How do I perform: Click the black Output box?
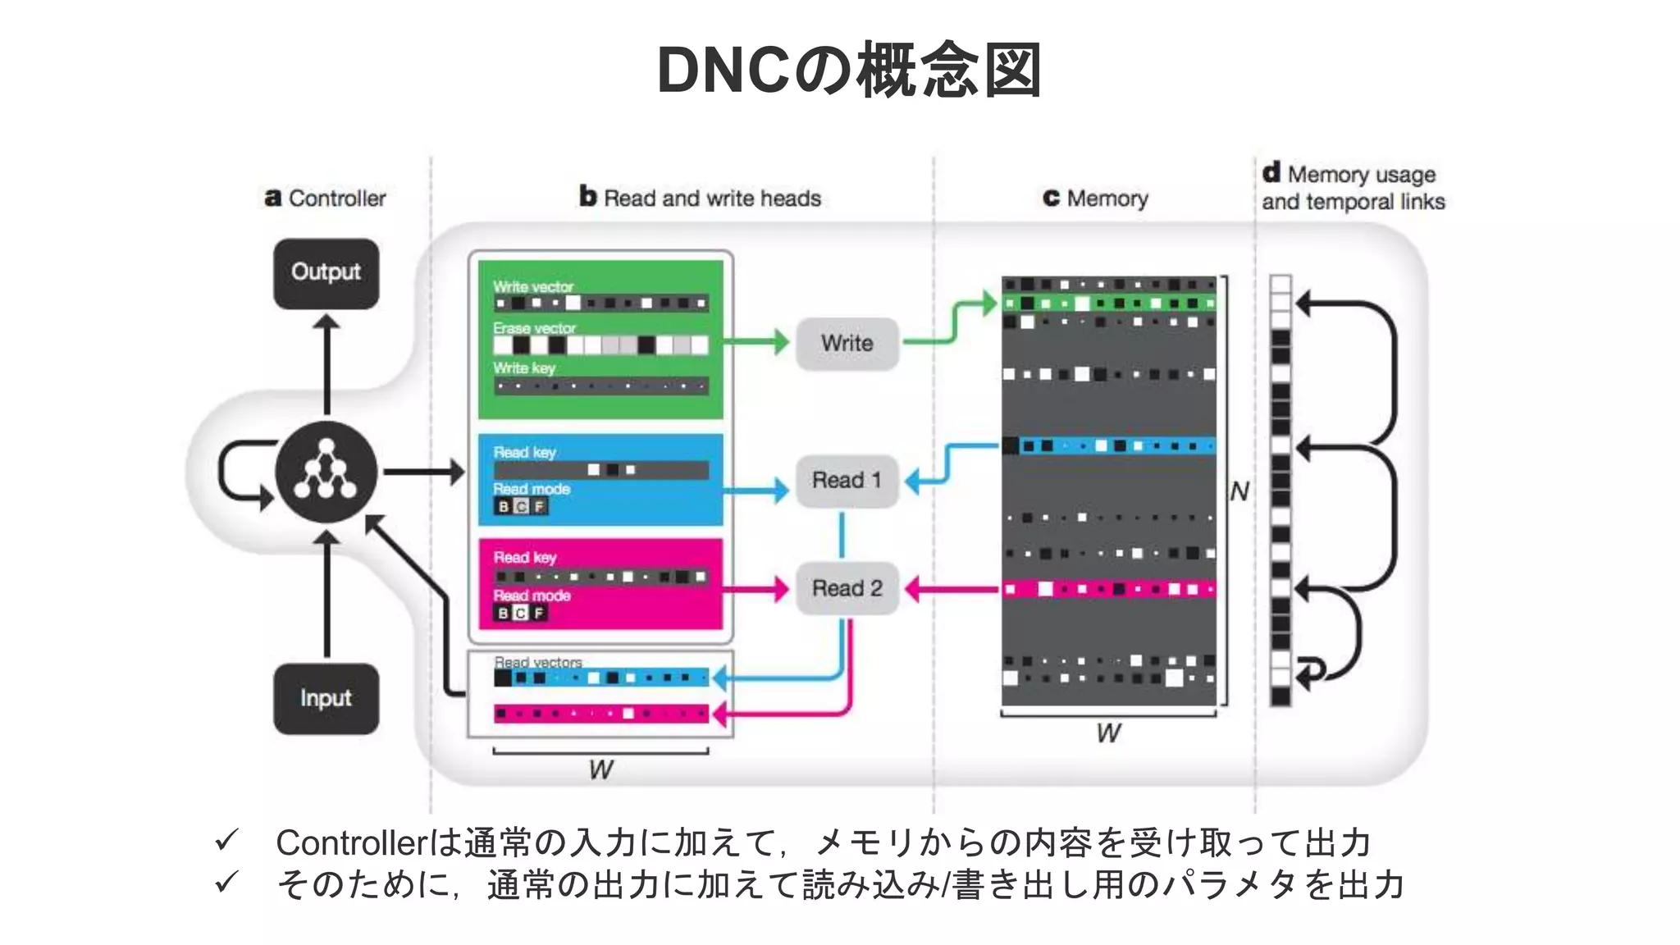(x=326, y=273)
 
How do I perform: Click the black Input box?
(x=326, y=698)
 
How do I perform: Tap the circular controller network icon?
(x=326, y=472)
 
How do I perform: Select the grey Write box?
(x=847, y=343)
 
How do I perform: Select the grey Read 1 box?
(x=847, y=480)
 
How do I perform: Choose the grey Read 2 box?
(x=847, y=588)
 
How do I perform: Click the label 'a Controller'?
(x=326, y=199)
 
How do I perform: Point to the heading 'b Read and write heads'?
(x=700, y=198)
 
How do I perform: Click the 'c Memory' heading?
(x=1095, y=199)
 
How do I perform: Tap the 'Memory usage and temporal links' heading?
(x=1353, y=188)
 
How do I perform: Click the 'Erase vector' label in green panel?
(x=534, y=328)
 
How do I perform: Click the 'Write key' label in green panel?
(x=524, y=368)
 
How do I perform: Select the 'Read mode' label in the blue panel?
(x=532, y=489)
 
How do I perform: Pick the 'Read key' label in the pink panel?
(x=525, y=558)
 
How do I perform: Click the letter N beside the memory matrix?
(x=1239, y=492)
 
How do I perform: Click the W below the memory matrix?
(x=1108, y=733)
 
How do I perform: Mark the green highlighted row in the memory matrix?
(x=1108, y=304)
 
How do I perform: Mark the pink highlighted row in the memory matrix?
(x=1108, y=589)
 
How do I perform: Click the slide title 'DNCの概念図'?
(x=849, y=71)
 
